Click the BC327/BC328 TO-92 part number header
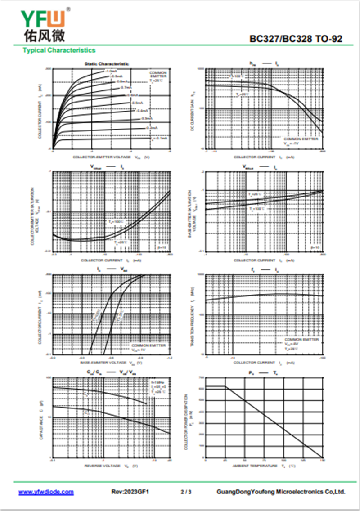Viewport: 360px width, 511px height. (296, 40)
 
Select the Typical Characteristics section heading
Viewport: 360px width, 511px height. (59, 50)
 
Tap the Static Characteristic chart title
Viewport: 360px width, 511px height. (107, 64)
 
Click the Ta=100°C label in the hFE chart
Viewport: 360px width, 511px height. (237, 76)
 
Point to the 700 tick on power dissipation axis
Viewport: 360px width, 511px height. (201, 377)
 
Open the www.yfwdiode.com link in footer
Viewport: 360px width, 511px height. (46, 492)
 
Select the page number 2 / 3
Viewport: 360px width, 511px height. (186, 492)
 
